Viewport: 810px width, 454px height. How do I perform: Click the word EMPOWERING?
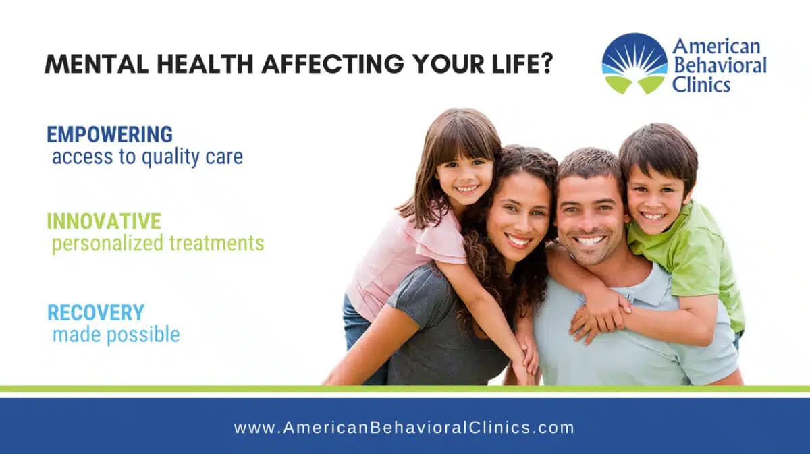pos(109,134)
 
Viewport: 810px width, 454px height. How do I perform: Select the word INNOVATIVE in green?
pos(104,221)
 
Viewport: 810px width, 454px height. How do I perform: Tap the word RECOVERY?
pos(95,312)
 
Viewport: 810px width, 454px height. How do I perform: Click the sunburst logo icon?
pos(634,63)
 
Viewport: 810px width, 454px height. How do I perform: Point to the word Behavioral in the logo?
pos(719,65)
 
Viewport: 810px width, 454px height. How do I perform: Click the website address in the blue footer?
pos(404,428)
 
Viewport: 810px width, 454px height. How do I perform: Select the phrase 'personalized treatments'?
pos(158,243)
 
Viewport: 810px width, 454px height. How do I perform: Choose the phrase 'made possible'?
pos(116,334)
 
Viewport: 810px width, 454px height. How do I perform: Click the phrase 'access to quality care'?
pos(147,157)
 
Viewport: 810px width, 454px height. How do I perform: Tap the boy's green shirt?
pos(702,263)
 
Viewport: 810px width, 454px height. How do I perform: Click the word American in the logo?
pos(715,47)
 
